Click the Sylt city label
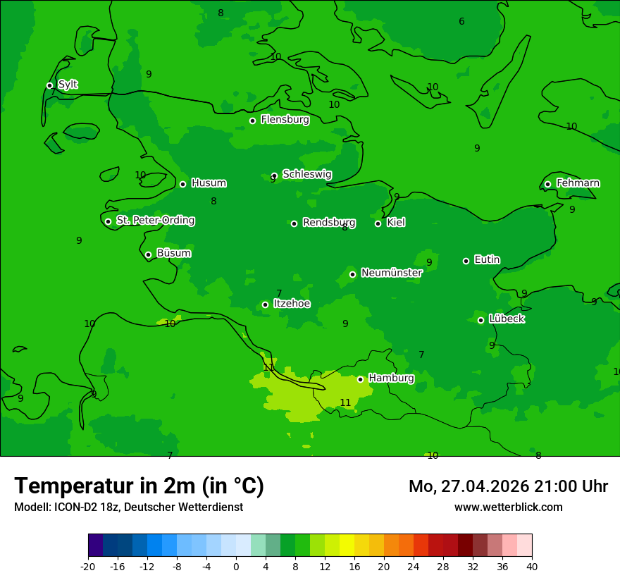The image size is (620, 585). [68, 85]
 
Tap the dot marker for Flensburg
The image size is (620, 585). [252, 121]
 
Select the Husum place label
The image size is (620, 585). [209, 183]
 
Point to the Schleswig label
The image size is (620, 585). [306, 174]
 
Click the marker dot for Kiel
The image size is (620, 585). [378, 223]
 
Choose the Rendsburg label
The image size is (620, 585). [329, 223]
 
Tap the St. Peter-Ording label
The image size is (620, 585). [155, 221]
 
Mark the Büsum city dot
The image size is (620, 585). [148, 254]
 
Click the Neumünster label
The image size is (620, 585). [392, 273]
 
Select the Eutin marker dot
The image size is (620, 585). [466, 261]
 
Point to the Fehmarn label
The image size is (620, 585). [578, 183]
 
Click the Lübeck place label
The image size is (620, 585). [507, 319]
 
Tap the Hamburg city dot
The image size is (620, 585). [360, 379]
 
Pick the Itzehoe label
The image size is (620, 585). [292, 304]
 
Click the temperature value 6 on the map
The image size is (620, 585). [461, 21]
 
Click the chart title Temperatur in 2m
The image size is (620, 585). [139, 486]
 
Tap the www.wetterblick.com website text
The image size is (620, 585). [508, 507]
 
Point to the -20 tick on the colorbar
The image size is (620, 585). [88, 567]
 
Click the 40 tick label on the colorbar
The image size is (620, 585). [532, 567]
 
